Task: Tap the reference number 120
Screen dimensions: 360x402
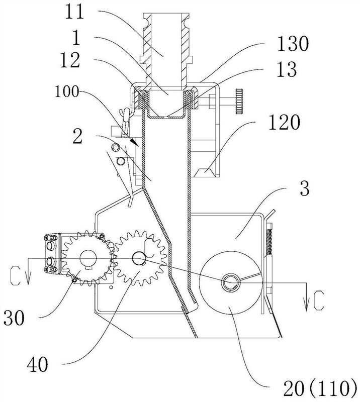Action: click(x=284, y=123)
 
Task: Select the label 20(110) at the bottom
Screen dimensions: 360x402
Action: click(x=320, y=389)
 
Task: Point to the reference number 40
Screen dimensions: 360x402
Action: click(x=37, y=365)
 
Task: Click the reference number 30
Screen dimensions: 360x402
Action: click(x=14, y=318)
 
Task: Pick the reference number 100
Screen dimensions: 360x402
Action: click(x=66, y=92)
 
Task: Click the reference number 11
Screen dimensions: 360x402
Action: click(x=74, y=12)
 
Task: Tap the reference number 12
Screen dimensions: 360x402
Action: click(x=70, y=60)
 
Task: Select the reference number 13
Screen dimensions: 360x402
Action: click(x=286, y=69)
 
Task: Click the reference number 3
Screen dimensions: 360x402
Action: click(x=305, y=188)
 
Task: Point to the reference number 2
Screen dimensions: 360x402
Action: click(x=77, y=136)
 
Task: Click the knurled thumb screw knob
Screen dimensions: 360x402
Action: click(x=239, y=102)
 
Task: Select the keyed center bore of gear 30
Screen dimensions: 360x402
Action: click(x=88, y=259)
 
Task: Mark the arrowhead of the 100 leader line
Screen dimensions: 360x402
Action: click(x=135, y=143)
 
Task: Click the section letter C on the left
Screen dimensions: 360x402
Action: click(x=15, y=275)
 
